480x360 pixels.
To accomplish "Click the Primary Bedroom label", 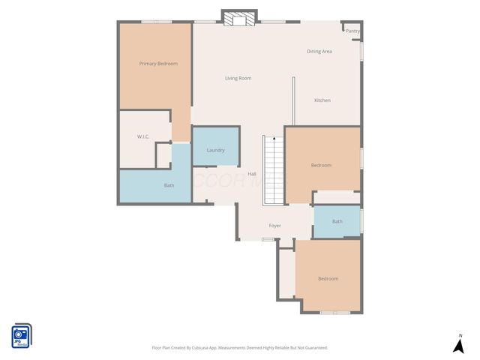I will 158,64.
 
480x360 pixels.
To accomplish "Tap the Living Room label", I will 238,78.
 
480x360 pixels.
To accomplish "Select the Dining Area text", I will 319,51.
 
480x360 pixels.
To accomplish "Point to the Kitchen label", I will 322,100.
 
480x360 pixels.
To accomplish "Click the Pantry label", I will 352,31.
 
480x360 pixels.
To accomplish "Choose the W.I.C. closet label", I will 144,136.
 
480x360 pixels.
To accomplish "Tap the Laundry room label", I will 215,150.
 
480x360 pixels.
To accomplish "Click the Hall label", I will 252,174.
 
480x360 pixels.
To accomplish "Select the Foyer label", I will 275,225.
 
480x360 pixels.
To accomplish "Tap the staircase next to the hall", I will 272,171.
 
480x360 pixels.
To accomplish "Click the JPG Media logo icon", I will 21,335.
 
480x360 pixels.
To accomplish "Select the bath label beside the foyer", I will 337,221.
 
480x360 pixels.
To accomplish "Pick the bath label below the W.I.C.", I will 169,185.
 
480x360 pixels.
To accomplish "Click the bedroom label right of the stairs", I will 321,165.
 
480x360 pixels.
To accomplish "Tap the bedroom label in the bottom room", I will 328,279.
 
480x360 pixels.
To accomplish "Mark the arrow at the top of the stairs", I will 274,139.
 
